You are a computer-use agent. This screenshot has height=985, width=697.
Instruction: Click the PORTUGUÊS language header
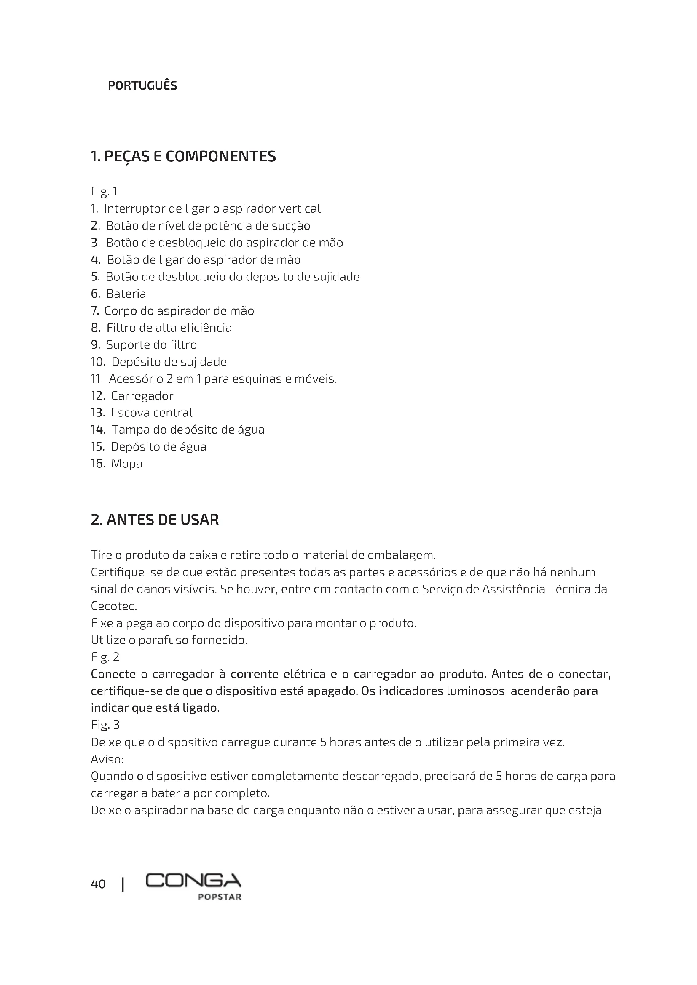tap(142, 86)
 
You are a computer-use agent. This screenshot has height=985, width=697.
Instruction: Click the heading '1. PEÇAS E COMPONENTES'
tap(183, 157)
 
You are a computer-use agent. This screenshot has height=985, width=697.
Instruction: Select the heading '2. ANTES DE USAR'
tap(155, 520)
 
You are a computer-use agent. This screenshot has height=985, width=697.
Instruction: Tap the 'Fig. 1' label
tap(104, 191)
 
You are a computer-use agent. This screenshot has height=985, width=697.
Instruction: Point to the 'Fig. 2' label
tap(105, 657)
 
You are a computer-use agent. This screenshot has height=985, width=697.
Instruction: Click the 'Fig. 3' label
tap(105, 725)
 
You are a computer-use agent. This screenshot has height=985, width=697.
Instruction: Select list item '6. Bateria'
tap(118, 294)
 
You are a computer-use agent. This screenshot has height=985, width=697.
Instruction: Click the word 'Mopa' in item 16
tap(126, 464)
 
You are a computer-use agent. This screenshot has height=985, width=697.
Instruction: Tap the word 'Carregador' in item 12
tap(142, 396)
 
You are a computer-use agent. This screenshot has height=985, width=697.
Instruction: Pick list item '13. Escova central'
tap(142, 413)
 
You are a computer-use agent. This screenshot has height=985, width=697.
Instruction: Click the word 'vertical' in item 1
tap(300, 209)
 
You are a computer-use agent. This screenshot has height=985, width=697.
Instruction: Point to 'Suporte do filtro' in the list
tap(152, 345)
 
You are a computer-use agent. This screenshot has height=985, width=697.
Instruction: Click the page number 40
tap(98, 884)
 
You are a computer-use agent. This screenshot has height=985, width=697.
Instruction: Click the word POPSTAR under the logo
tap(219, 897)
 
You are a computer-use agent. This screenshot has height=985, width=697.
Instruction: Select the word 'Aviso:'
tap(107, 759)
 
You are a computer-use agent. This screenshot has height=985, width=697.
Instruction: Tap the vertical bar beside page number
tap(123, 885)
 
